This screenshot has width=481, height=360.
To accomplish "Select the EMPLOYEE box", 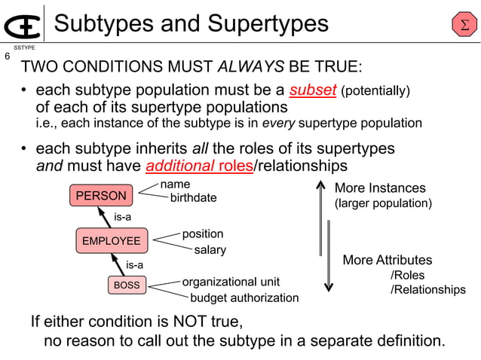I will [x=111, y=241].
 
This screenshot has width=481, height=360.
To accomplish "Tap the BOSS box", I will [x=126, y=285].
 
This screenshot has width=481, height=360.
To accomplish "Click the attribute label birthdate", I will [x=193, y=198].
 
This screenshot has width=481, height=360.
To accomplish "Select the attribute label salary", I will [x=210, y=249].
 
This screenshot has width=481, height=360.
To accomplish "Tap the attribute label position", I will [x=203, y=234].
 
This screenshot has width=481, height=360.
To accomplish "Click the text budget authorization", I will [x=244, y=297].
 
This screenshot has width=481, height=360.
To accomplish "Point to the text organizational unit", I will [x=231, y=282].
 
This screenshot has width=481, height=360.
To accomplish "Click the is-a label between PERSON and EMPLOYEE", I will [x=123, y=218].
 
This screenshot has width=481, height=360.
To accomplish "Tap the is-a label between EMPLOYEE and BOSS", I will [x=134, y=264].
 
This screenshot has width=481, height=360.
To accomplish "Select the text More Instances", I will [x=380, y=188].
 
